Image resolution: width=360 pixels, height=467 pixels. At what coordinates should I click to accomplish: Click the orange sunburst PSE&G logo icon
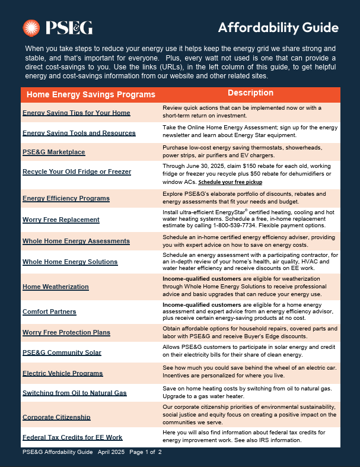[31, 27]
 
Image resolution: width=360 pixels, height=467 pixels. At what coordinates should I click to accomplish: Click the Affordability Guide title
[278, 27]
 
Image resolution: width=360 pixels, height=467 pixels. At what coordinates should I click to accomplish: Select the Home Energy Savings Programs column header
[89, 94]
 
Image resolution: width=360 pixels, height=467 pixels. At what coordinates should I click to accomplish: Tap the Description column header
[250, 93]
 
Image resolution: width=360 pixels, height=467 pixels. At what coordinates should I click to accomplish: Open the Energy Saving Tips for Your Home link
[77, 113]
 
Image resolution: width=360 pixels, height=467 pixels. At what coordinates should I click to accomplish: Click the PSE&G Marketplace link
[53, 152]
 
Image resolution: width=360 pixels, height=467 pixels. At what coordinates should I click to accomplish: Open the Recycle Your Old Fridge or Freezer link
[77, 171]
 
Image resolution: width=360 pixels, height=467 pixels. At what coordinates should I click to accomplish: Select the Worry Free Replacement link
[61, 220]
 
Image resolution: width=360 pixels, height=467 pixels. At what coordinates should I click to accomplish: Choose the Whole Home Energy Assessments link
[76, 241]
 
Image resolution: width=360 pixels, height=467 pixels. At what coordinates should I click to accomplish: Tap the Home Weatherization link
[55, 287]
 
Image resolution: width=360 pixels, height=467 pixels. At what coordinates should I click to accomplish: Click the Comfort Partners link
[49, 312]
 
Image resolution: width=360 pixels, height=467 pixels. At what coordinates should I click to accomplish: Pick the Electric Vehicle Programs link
[62, 373]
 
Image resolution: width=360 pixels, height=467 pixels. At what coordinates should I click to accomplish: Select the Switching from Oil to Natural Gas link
[74, 393]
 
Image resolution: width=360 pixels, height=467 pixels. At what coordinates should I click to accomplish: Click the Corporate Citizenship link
[56, 417]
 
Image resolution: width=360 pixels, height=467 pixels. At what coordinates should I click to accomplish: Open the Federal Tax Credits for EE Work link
[72, 437]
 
